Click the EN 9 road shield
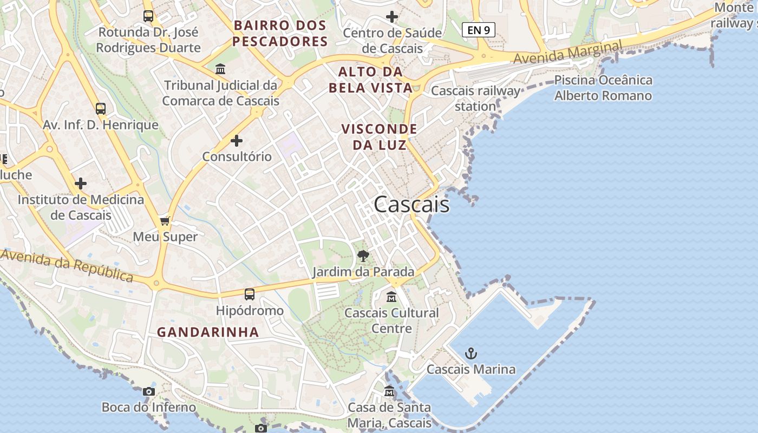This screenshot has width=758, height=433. click(x=478, y=30)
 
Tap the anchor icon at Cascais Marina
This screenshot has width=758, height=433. click(x=472, y=354)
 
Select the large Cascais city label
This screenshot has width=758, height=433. click(x=411, y=205)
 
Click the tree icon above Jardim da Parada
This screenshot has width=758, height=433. click(x=363, y=255)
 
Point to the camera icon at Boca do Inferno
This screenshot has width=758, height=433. click(x=149, y=391)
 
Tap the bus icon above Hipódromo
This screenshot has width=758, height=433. click(x=249, y=294)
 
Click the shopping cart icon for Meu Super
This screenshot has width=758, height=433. click(x=165, y=221)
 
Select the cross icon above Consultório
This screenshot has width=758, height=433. click(x=237, y=141)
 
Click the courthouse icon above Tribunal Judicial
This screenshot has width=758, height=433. click(x=220, y=69)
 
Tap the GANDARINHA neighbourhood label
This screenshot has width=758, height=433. click(x=208, y=332)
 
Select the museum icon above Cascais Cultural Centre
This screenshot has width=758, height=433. click(x=391, y=297)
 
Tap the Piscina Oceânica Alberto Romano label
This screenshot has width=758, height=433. click(x=603, y=88)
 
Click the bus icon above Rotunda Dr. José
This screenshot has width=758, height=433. click(x=148, y=16)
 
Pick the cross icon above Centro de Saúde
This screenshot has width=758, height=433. click(x=392, y=17)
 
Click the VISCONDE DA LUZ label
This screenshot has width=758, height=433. click(x=380, y=137)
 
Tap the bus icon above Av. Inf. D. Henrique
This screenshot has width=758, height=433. click(x=101, y=109)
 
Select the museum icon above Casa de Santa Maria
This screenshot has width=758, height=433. click(x=389, y=391)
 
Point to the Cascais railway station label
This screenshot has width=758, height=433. click(x=475, y=99)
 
